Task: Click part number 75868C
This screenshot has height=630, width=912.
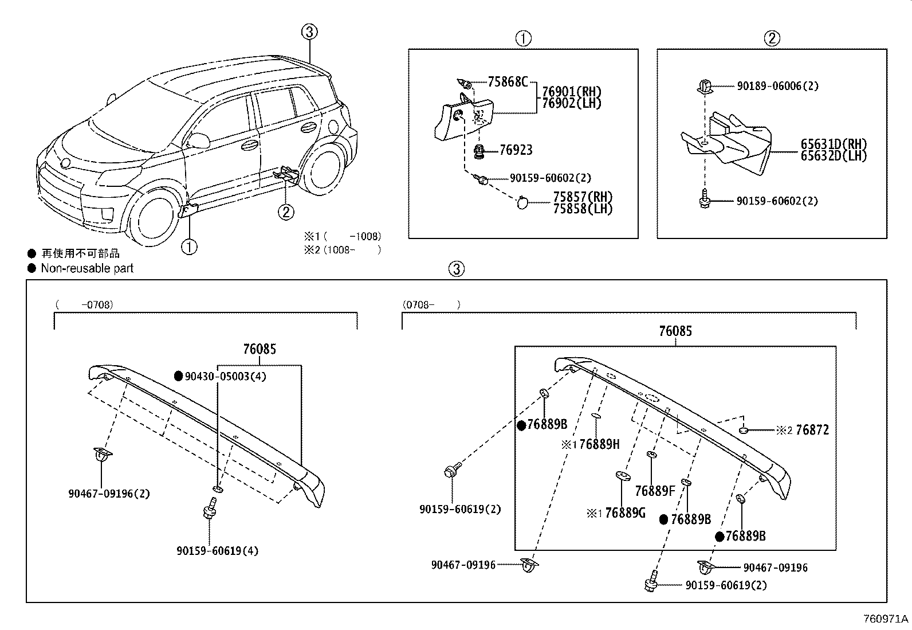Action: coord(507,82)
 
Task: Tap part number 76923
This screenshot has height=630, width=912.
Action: coord(516,150)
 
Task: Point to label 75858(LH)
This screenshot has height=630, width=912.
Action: coord(583,209)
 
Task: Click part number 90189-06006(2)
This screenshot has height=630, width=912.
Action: coord(777,86)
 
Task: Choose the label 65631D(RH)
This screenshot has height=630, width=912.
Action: coord(834,144)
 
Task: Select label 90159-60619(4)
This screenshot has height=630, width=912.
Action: coord(217,551)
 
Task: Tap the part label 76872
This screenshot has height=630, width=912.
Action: coord(812,430)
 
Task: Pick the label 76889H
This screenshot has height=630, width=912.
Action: coord(599,444)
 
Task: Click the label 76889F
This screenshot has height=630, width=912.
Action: coord(655,491)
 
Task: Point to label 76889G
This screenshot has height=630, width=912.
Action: coord(625,513)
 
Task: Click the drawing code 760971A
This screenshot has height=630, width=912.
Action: coord(886,619)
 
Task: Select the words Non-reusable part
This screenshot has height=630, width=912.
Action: coord(87,268)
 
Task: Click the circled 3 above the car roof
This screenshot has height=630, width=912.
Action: coord(309,32)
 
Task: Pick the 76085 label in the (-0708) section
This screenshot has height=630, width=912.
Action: coord(259,349)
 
